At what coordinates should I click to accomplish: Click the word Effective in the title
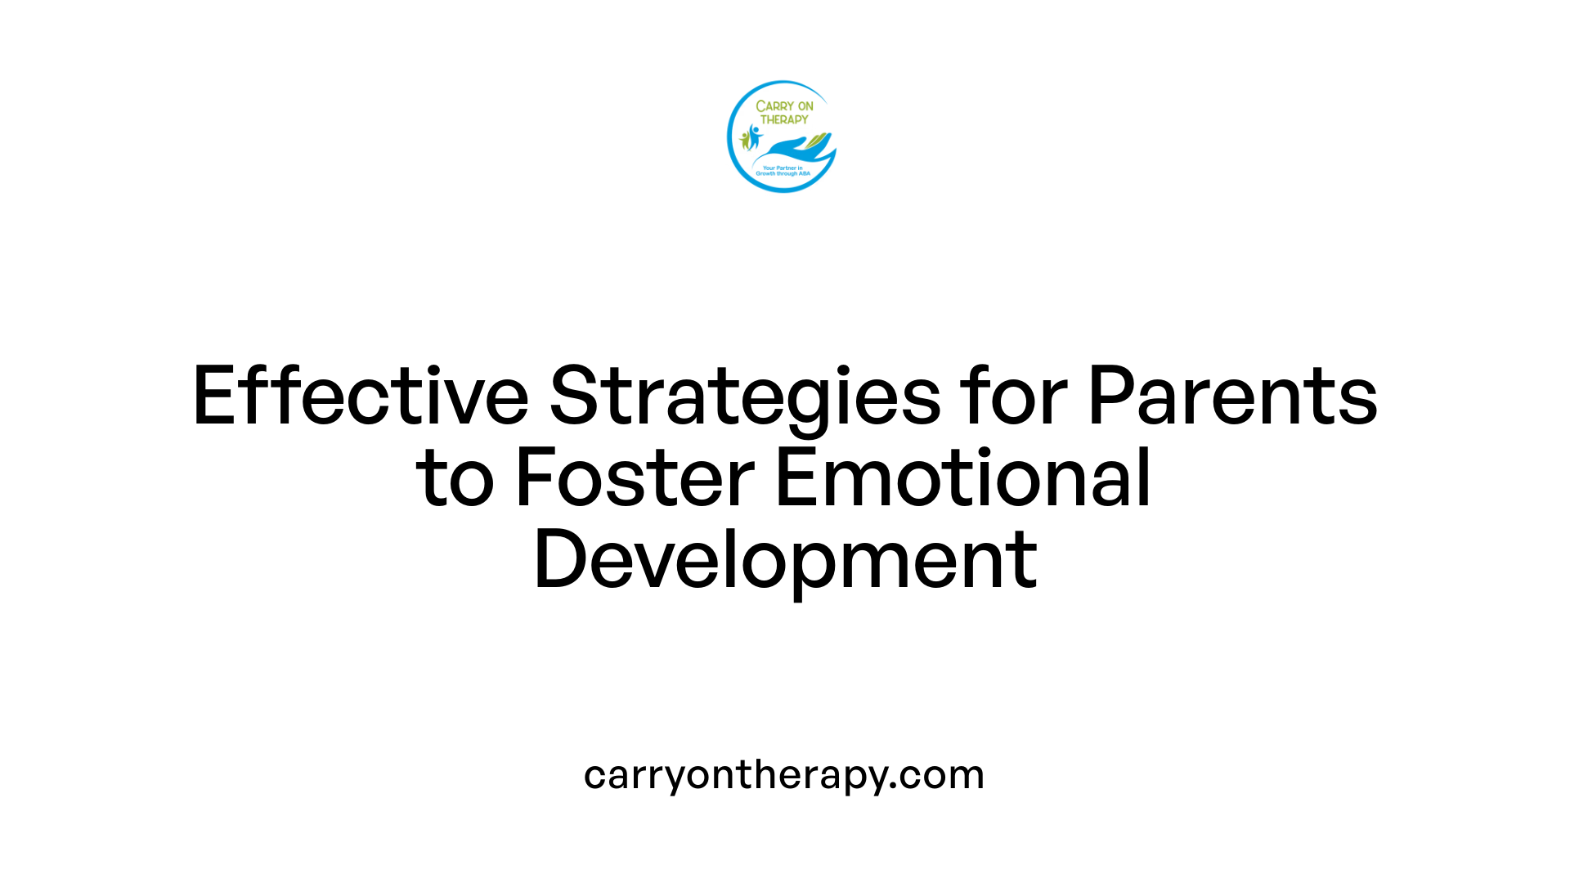[x=361, y=396]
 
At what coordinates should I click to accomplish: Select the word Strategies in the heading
[x=745, y=397]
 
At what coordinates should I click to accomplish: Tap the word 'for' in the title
[x=1013, y=396]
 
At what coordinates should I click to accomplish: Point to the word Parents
[x=1232, y=396]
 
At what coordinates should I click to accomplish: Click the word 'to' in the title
[x=455, y=479]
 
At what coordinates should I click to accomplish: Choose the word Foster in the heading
[x=635, y=477]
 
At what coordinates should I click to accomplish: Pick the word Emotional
[x=962, y=477]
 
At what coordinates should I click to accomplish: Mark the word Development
[x=785, y=561]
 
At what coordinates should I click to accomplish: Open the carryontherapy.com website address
[x=783, y=774]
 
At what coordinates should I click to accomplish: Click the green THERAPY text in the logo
[x=784, y=119]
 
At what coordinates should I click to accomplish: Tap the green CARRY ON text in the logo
[x=784, y=106]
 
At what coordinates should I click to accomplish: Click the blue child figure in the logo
[x=754, y=136]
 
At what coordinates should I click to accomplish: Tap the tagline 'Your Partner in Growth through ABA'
[x=783, y=171]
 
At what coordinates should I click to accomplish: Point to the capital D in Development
[x=559, y=561]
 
